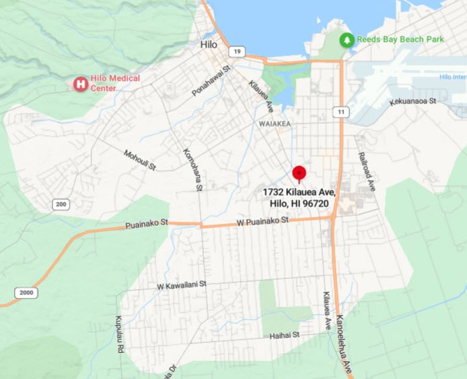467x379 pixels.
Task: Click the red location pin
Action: (x=299, y=173)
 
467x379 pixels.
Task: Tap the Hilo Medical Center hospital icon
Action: (x=81, y=84)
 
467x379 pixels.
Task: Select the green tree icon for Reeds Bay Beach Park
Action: (x=347, y=40)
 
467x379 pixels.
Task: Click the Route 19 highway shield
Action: (x=236, y=51)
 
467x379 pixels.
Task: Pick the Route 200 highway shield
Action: (x=61, y=204)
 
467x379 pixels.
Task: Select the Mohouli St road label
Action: (x=139, y=159)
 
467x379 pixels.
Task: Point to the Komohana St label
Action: (x=192, y=169)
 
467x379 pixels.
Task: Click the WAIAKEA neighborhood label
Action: (x=274, y=124)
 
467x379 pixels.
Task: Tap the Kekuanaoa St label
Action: (x=413, y=101)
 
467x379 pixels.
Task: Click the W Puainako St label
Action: (x=262, y=220)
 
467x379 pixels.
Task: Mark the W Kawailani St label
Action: (x=181, y=286)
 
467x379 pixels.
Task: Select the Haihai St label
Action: (x=284, y=335)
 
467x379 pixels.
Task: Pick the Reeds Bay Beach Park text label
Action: (x=400, y=40)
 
